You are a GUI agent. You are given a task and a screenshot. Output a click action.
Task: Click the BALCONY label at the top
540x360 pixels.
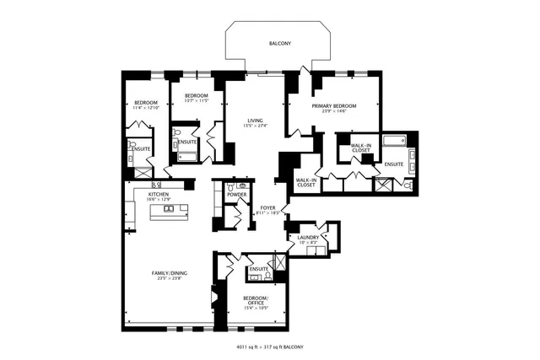click(280, 42)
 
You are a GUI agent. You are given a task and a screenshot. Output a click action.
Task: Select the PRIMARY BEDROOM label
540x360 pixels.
click(334, 105)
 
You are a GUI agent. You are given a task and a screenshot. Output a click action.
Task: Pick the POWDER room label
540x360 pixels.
click(236, 195)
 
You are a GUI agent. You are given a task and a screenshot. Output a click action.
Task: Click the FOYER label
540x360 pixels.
click(268, 207)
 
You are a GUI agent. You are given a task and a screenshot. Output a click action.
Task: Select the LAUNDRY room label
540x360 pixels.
click(308, 238)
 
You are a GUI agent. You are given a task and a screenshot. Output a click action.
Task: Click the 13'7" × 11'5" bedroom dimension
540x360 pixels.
click(197, 102)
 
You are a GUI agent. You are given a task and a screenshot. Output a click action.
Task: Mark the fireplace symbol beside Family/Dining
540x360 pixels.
click(213, 297)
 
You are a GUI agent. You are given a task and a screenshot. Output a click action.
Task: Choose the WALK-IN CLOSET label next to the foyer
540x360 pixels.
click(305, 181)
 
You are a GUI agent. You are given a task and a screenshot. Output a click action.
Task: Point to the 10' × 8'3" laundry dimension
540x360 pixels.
click(308, 244)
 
